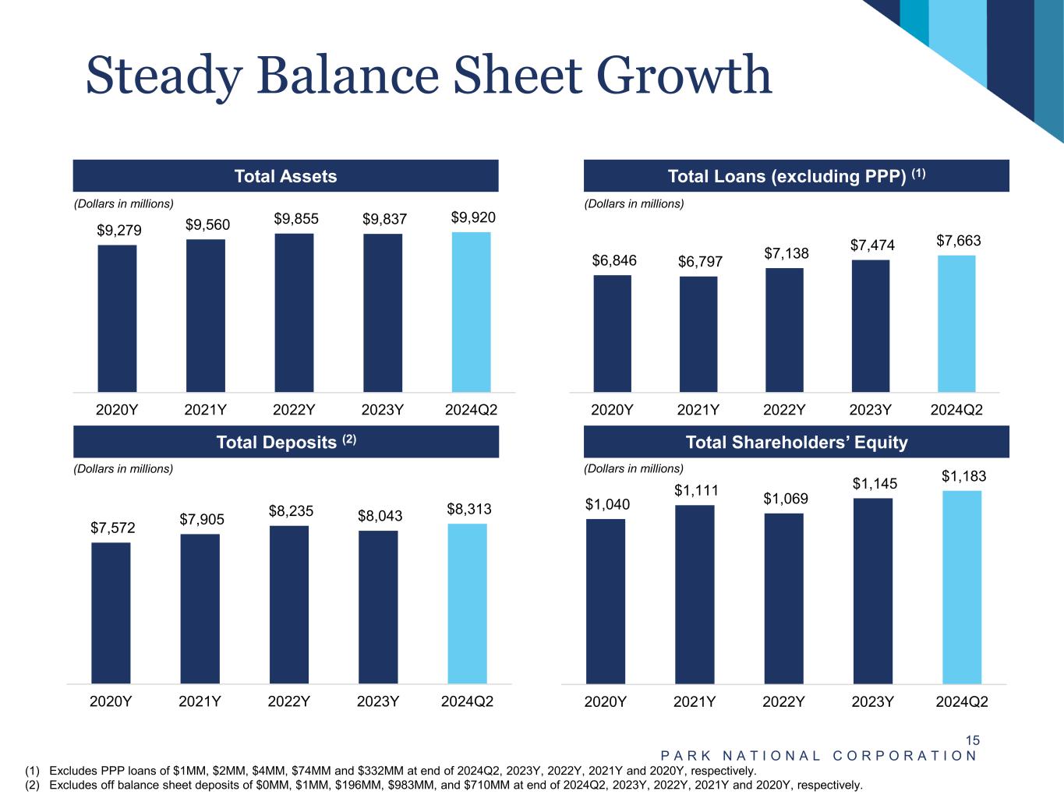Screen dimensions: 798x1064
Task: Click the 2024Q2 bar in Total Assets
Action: pyautogui.click(x=471, y=312)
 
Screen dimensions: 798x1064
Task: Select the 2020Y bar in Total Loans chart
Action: pyautogui.click(x=612, y=334)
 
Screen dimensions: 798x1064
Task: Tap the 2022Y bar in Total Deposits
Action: pyautogui.click(x=289, y=605)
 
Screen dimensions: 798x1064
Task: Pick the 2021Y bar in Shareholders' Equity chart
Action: pyautogui.click(x=695, y=595)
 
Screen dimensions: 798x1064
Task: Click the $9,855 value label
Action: pyautogui.click(x=296, y=219)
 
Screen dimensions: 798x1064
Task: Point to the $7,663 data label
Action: pyautogui.click(x=959, y=241)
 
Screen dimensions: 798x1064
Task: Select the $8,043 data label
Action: pyautogui.click(x=380, y=516)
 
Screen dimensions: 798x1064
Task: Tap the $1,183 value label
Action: pyautogui.click(x=964, y=476)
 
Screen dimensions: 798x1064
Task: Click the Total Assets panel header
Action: pyautogui.click(x=285, y=176)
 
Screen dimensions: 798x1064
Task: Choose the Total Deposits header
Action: pyautogui.click(x=285, y=442)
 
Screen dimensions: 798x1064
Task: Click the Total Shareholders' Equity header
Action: pyautogui.click(x=796, y=442)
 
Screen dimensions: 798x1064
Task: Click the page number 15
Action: pyautogui.click(x=972, y=740)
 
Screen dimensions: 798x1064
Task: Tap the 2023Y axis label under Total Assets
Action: pyautogui.click(x=382, y=410)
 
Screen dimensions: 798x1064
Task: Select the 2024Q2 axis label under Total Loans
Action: pyautogui.click(x=956, y=410)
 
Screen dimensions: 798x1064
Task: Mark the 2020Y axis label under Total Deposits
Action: pyautogui.click(x=111, y=701)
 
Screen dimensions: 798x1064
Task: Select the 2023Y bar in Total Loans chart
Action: pyautogui.click(x=870, y=326)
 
